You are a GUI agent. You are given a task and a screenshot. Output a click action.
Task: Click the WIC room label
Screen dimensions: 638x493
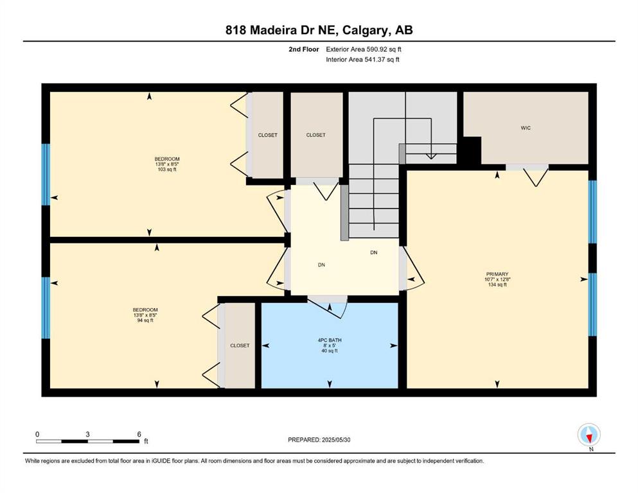[526, 128]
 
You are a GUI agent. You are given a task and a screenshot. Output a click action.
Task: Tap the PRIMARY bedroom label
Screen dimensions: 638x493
[497, 274]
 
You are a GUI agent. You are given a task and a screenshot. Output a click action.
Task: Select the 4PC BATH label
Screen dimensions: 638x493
[330, 340]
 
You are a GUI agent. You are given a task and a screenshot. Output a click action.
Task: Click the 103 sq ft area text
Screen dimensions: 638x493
[167, 169]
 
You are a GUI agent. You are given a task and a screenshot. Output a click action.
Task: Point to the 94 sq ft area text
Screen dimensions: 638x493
[145, 320]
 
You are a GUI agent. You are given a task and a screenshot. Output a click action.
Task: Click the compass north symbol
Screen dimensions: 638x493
[589, 435]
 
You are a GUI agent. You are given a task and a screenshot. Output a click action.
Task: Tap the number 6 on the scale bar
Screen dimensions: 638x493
[139, 434]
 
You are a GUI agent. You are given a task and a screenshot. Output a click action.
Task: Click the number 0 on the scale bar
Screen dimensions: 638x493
[37, 434]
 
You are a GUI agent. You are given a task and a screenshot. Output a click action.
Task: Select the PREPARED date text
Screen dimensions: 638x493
[319, 440]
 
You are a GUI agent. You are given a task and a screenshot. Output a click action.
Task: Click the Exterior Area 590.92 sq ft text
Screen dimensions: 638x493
[364, 49]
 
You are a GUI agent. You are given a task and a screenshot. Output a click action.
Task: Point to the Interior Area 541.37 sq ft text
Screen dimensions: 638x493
[362, 59]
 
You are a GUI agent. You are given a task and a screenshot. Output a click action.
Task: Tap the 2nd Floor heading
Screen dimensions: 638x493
[303, 49]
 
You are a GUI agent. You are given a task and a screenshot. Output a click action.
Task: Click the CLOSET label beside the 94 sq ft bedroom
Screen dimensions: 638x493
[240, 345]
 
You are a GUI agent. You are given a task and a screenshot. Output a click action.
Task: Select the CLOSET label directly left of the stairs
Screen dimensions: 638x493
[315, 135]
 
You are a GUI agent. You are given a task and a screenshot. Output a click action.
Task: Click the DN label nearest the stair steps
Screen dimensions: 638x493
[373, 252]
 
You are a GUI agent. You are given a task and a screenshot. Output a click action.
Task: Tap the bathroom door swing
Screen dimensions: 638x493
[328, 308]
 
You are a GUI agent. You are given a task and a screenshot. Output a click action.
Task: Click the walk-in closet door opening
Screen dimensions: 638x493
[527, 168]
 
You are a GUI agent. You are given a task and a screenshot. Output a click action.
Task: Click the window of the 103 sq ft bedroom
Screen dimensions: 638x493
[46, 175]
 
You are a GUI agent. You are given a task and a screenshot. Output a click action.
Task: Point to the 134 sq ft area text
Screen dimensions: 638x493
[497, 285]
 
